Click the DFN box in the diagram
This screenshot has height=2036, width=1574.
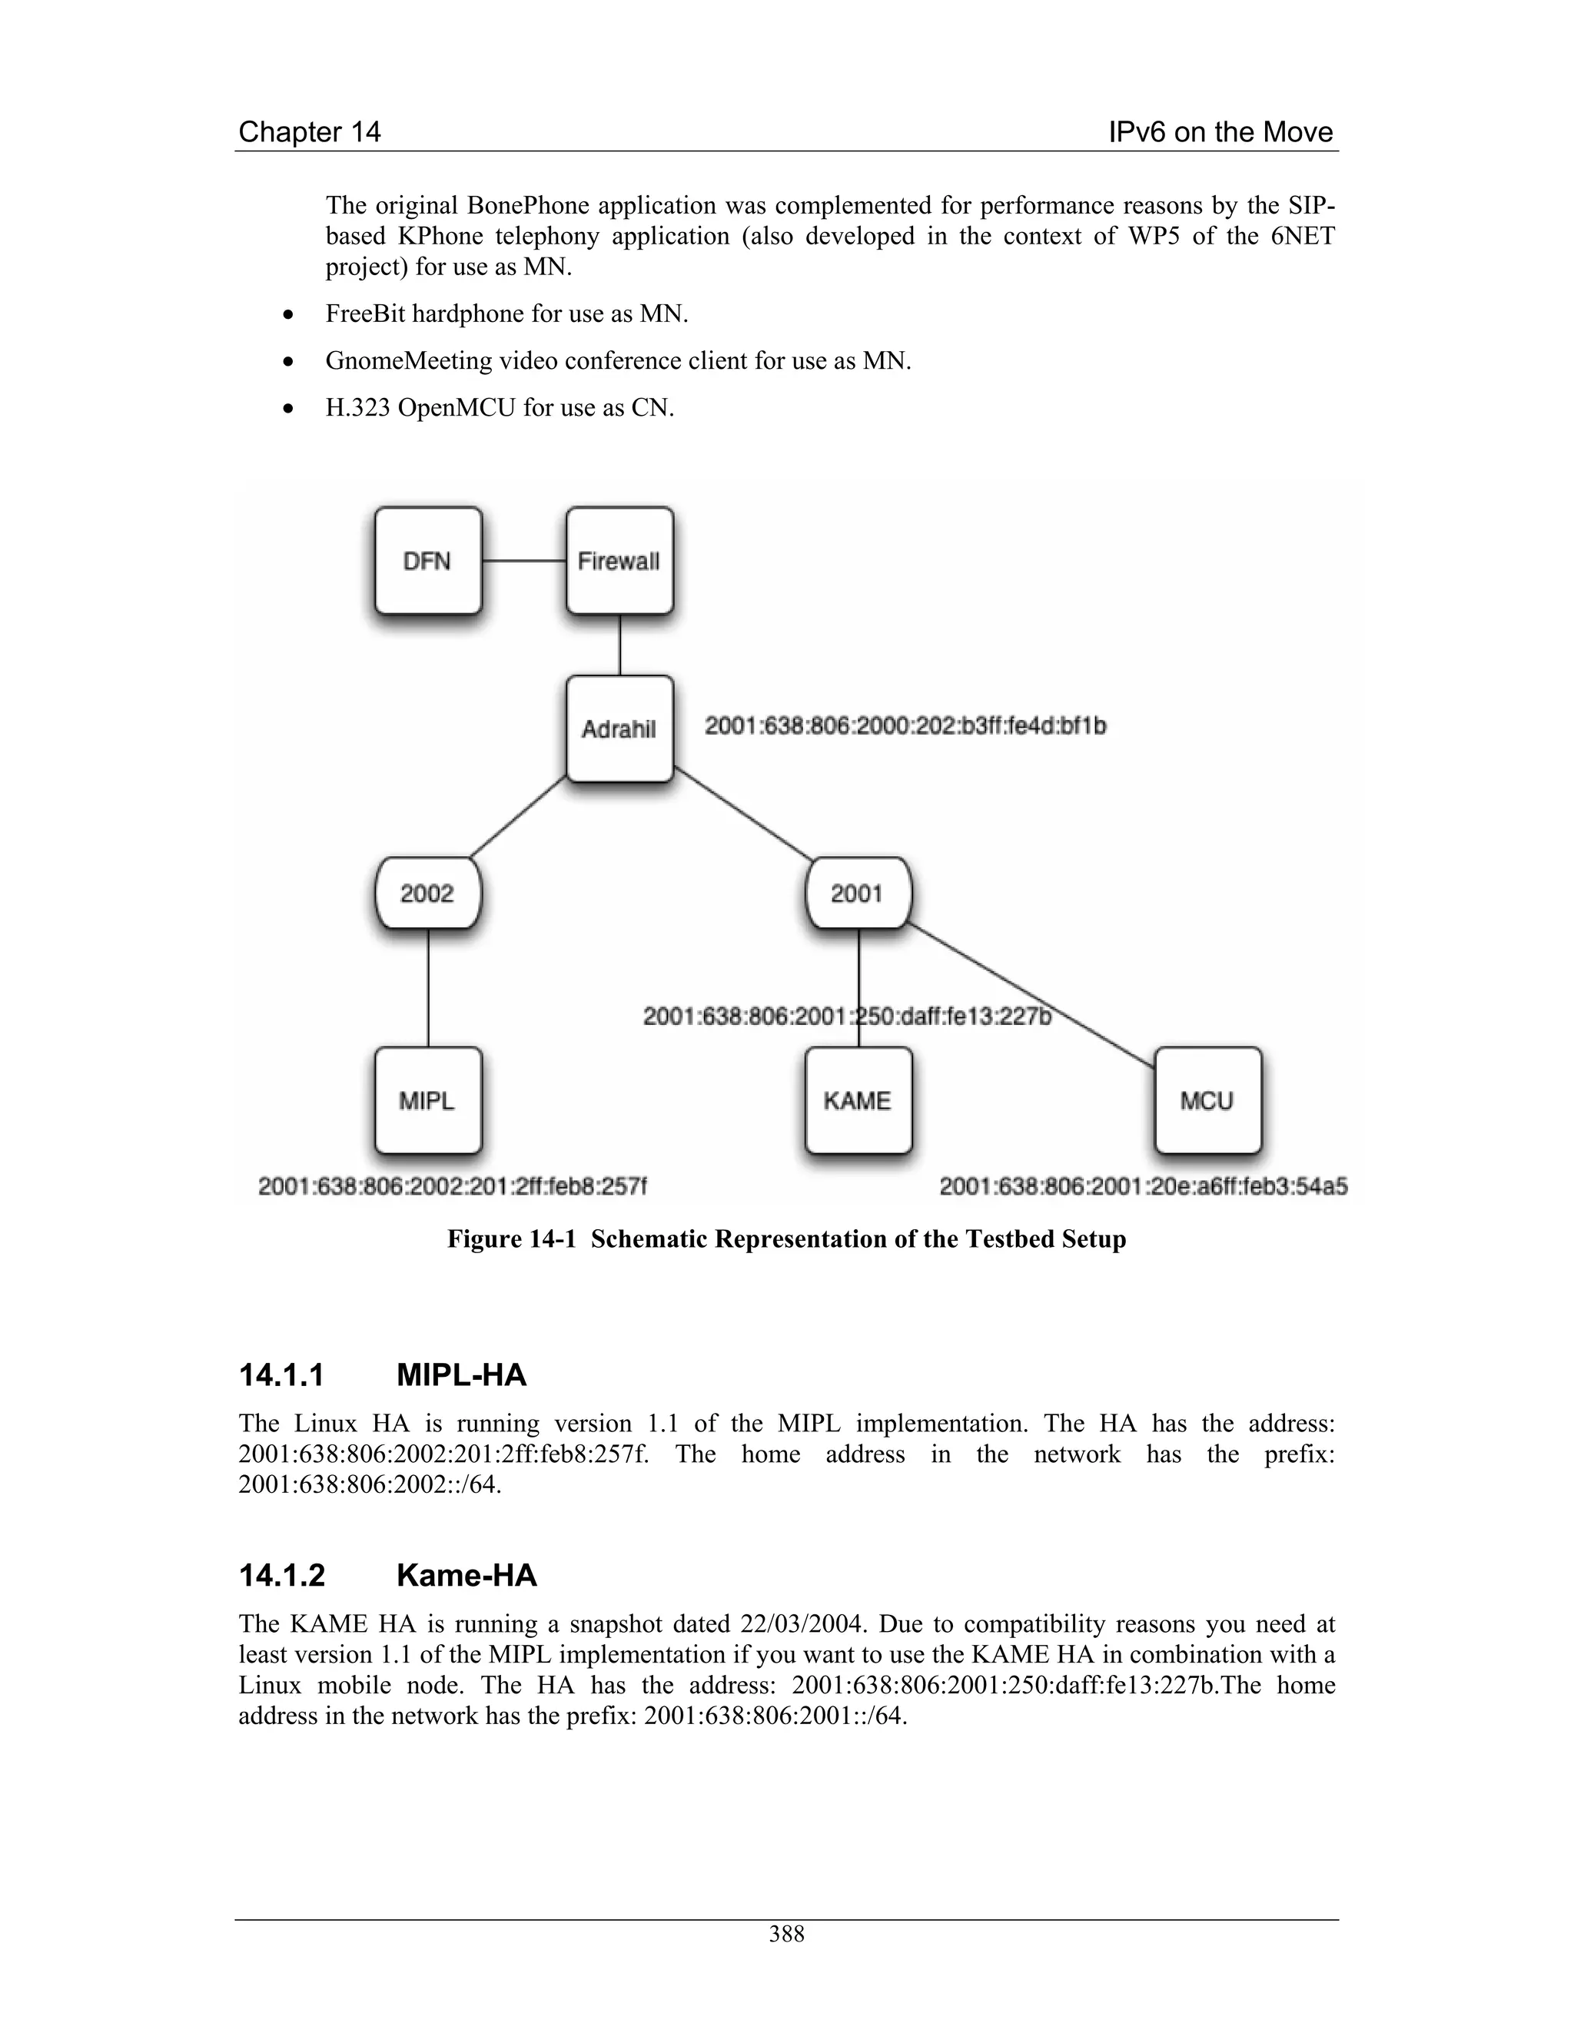click(428, 560)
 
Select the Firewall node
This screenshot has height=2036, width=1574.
click(619, 560)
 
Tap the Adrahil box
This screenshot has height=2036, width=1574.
click(619, 729)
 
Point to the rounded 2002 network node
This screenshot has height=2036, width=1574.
click(428, 893)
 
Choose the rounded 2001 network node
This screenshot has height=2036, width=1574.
click(858, 893)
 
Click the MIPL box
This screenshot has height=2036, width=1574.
click(428, 1101)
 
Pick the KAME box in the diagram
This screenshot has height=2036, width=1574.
click(858, 1101)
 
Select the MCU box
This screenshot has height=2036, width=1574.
click(1207, 1101)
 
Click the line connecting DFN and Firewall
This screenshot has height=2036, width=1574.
click(524, 560)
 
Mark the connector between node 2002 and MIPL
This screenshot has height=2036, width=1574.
click(428, 988)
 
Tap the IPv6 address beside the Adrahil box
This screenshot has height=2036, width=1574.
click(905, 725)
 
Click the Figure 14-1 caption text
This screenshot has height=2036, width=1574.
click(786, 1239)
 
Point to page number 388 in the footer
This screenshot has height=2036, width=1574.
click(786, 1935)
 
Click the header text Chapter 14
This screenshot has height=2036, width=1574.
click(310, 131)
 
